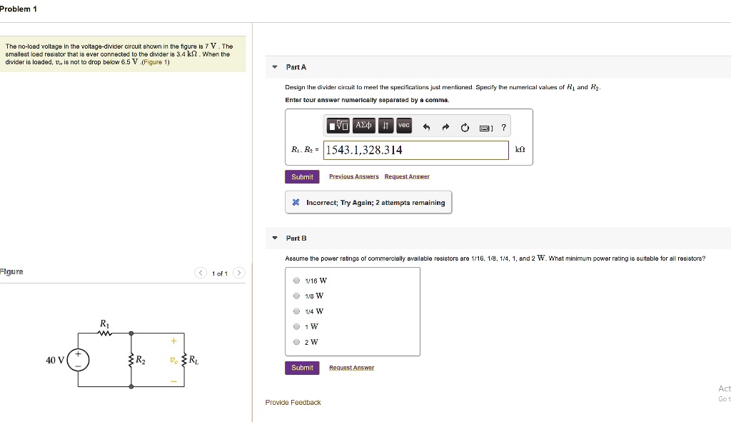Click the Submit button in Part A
[x=302, y=176]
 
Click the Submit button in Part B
[x=302, y=368]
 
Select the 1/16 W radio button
[x=297, y=281]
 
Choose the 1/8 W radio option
[x=297, y=296]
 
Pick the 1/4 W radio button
[x=297, y=311]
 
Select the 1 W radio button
[x=297, y=326]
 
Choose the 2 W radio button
[x=297, y=342]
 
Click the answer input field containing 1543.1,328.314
[x=417, y=150]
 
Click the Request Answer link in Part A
[x=407, y=176]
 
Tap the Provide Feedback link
[x=293, y=403]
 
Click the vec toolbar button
[x=404, y=126]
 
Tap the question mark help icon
[x=503, y=127]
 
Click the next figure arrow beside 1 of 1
[x=239, y=273]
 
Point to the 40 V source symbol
[x=78, y=360]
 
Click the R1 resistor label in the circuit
[x=105, y=323]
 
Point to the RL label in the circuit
[x=193, y=360]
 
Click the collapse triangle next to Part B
[x=275, y=238]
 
